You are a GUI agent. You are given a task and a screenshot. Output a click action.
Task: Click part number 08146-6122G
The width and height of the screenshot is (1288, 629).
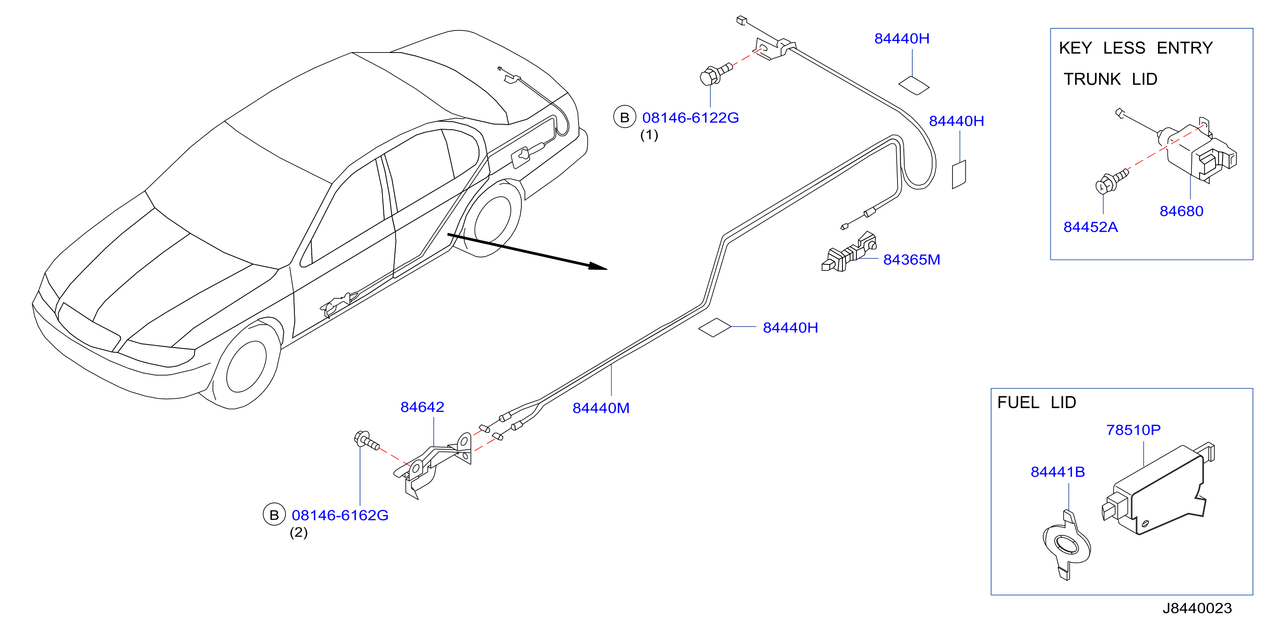690,118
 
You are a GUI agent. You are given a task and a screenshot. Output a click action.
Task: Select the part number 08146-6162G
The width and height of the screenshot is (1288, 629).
340,515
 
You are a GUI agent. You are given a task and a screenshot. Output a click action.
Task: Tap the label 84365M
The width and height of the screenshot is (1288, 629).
911,260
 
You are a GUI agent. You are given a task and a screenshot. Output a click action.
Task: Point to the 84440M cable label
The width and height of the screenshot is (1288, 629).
601,408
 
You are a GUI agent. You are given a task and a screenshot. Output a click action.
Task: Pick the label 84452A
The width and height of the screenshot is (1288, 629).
1090,227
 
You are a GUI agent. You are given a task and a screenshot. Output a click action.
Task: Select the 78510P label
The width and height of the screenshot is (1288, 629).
1133,430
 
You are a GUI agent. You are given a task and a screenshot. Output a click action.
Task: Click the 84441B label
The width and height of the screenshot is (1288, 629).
1058,472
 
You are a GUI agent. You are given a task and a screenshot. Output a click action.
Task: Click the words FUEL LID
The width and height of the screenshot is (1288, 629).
1036,402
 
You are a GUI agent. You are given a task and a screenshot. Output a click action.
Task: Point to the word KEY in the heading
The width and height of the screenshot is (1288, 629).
1075,48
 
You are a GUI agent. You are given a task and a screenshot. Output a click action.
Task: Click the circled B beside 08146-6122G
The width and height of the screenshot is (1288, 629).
624,117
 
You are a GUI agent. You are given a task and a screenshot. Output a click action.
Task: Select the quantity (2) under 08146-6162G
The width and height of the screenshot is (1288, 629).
299,532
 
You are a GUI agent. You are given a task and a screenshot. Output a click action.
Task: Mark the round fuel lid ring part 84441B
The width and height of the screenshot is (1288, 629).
1067,546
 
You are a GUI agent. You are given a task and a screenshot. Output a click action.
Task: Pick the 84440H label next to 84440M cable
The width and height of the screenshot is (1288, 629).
790,328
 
